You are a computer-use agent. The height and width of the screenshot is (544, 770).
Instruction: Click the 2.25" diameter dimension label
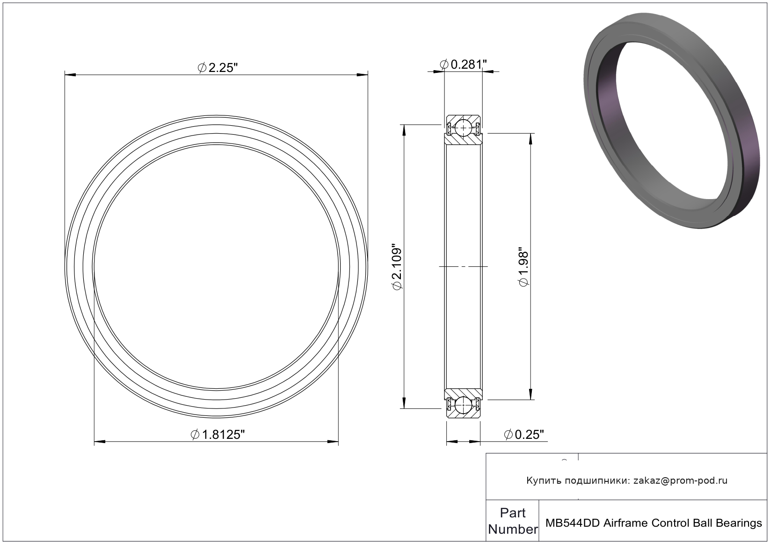pos(218,67)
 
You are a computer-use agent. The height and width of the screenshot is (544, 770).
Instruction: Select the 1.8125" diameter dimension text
pos(218,435)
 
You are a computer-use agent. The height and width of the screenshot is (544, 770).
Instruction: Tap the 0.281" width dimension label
pos(464,64)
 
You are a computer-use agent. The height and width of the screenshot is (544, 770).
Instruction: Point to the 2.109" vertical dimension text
pos(397,267)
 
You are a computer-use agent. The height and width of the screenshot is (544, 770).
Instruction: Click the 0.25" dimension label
pos(524,435)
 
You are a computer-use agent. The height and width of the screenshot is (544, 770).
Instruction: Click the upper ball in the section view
pos(464,128)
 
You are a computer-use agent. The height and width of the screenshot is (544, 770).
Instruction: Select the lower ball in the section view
pos(464,405)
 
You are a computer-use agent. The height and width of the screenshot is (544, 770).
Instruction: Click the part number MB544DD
pos(573,523)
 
